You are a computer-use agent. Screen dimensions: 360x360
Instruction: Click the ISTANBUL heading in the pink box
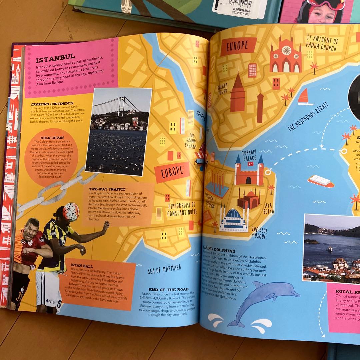pos(55,60)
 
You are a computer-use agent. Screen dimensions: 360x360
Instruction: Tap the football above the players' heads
pos(71,212)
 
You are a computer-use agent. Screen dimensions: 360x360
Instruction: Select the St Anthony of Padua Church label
pos(322,44)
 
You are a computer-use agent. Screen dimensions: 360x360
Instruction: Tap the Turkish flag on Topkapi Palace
pos(250,164)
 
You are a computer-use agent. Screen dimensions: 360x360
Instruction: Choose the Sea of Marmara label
pos(164,269)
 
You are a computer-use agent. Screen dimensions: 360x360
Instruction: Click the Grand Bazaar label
pos(190,140)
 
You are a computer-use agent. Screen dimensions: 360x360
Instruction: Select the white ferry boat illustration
pos(320,181)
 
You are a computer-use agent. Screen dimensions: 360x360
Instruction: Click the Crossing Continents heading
pos(52,104)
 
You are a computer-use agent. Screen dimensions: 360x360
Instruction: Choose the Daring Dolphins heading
pos(219,250)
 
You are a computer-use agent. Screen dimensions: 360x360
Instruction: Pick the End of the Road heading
pos(169,289)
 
